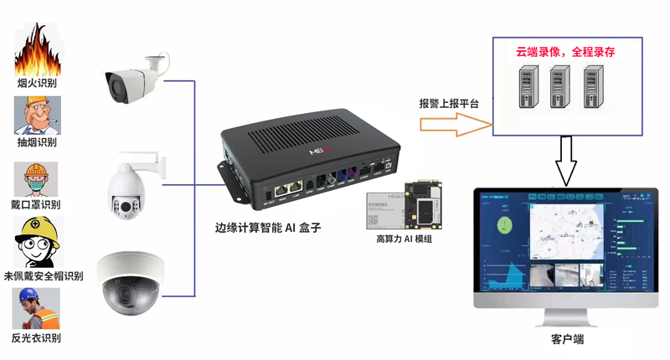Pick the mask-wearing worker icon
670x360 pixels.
click(34, 178)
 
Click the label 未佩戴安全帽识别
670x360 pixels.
click(44, 276)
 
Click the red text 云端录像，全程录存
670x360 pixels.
click(565, 52)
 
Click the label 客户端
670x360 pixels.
click(567, 339)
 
